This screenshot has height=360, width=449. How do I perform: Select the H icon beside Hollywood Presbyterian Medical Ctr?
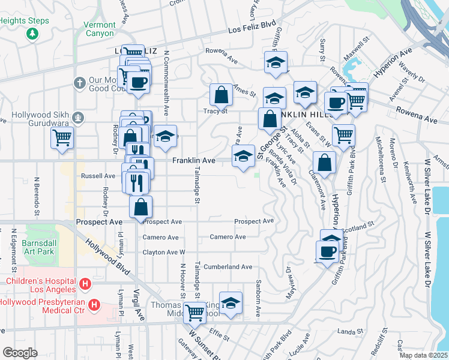click(94, 306)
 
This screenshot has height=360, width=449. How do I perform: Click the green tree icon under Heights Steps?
click(32, 34)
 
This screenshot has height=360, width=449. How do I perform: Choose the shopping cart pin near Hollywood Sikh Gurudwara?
click(62, 137)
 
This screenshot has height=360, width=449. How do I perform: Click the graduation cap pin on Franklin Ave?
click(243, 156)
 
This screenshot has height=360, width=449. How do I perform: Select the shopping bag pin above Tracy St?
click(221, 94)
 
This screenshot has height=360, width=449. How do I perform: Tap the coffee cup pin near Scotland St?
click(327, 251)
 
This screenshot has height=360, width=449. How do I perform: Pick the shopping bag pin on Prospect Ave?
click(140, 207)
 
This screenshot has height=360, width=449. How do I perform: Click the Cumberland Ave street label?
click(228, 266)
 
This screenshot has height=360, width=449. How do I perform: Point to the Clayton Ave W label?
click(163, 253)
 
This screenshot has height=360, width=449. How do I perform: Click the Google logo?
click(19, 352)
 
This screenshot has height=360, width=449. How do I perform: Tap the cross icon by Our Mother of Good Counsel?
click(79, 82)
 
